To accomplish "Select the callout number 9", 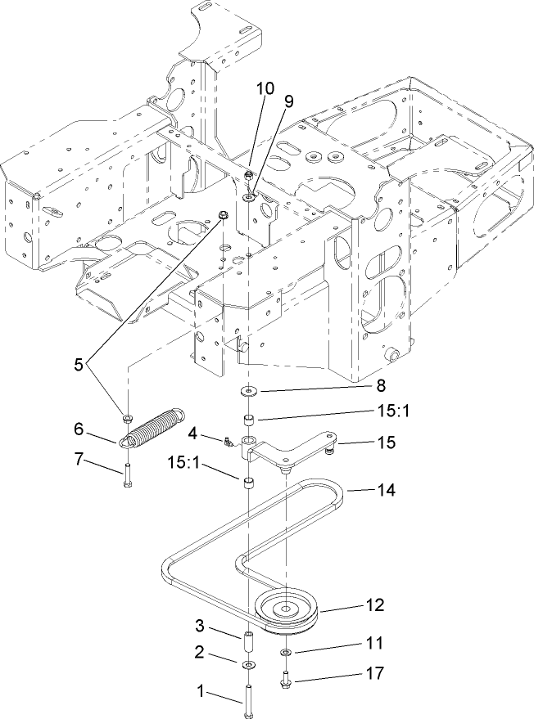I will [x=288, y=101].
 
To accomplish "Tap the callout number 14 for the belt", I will [x=385, y=491].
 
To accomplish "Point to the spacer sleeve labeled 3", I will [x=247, y=636].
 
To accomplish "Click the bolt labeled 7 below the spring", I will [x=128, y=479].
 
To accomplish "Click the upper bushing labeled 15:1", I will [x=247, y=420].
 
